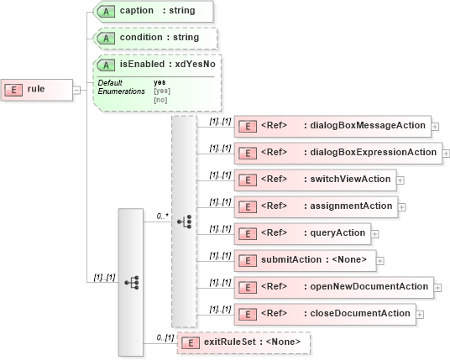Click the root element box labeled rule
pos(37,89)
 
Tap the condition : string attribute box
pos(156,39)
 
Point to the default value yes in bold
pos(160,82)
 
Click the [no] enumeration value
pos(160,99)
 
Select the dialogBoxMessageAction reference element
pos(332,126)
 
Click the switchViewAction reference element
pos(315,180)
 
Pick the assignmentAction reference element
pos(315,206)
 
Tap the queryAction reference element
pos(302,232)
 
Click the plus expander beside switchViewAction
pos(400,180)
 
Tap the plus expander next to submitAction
pos(381,260)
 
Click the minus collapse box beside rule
pos(76,89)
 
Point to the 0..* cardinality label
pos(162,216)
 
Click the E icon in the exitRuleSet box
pos(191,342)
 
